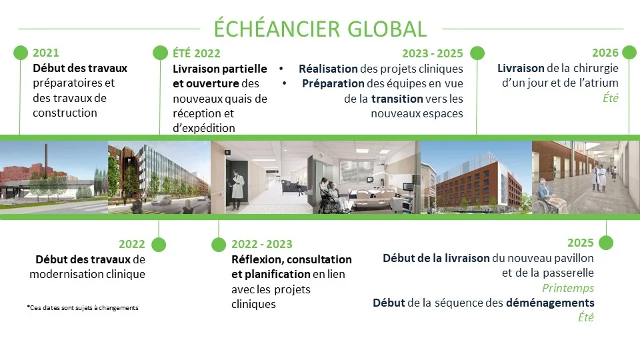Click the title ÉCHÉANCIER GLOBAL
point(321,28)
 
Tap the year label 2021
point(46,53)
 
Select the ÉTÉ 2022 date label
point(196,53)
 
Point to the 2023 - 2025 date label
point(432,53)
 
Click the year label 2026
point(605,53)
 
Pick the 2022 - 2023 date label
point(261,244)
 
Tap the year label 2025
point(581,243)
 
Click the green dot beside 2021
point(21,53)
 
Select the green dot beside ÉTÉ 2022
point(160,53)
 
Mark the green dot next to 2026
point(629,52)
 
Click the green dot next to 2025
point(606,243)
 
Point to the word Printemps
point(568,288)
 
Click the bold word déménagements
point(550,303)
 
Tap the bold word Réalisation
point(328,69)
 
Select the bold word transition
point(397,99)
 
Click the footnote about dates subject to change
point(83,308)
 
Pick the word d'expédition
point(204,128)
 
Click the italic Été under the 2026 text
point(611,98)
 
